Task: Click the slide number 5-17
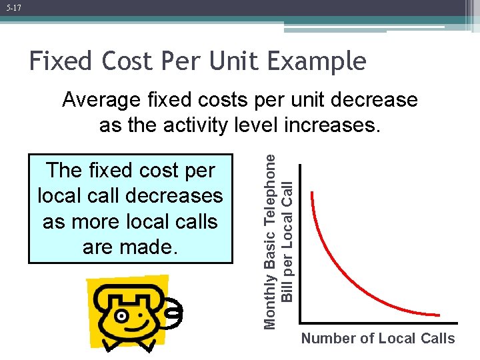(13, 7)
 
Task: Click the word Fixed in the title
(61, 61)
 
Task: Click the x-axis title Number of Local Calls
(378, 339)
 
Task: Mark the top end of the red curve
(312, 194)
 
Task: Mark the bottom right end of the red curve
(439, 315)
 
